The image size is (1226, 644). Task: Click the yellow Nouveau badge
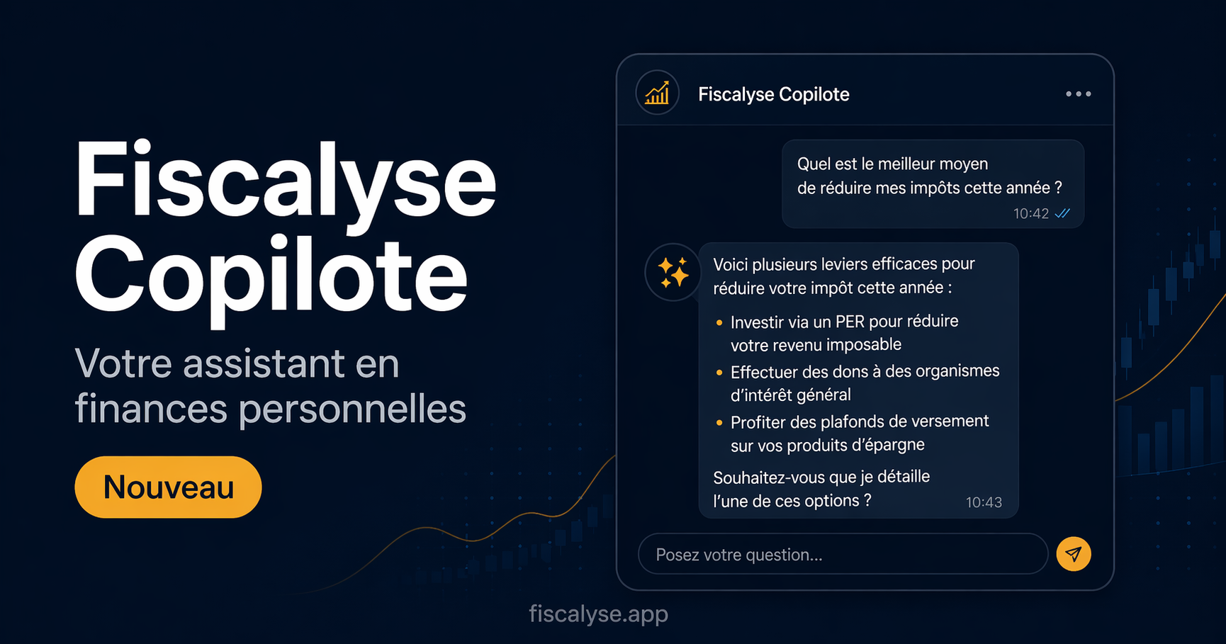(x=168, y=487)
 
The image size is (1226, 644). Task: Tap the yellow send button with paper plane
(x=1074, y=554)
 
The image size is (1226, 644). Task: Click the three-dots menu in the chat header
(x=1079, y=94)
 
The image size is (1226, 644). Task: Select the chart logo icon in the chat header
(x=658, y=93)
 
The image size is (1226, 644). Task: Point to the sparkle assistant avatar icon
(x=673, y=272)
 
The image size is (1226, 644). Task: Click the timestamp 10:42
(x=1030, y=213)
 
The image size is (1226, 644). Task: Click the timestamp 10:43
(x=984, y=502)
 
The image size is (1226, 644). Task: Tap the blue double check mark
(x=1062, y=213)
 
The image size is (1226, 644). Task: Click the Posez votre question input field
(x=843, y=554)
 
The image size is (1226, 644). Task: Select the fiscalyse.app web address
(x=598, y=614)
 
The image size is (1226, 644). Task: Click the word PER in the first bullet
(x=850, y=322)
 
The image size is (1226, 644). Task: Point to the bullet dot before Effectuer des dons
(x=719, y=373)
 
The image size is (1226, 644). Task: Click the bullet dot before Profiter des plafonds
(x=719, y=423)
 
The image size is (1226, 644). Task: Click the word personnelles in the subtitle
(x=352, y=409)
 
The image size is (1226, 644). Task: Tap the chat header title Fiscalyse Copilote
(x=774, y=94)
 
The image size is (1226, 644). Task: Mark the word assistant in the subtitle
(x=265, y=364)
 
